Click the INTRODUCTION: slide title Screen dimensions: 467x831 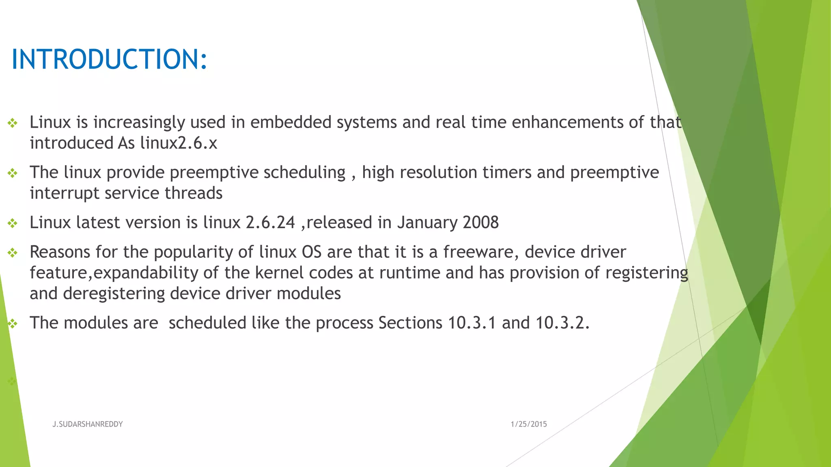click(110, 59)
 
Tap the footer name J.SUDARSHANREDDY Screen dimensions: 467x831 click(87, 424)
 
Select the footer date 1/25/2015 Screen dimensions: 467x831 click(528, 424)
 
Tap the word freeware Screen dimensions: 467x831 click(480, 252)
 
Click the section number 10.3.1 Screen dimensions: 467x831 click(472, 323)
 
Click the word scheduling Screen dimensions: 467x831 click(304, 173)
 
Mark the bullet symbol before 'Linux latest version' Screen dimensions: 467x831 click(13, 223)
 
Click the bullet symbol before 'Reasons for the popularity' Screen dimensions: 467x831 click(13, 253)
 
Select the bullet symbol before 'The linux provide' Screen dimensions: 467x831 click(13, 174)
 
